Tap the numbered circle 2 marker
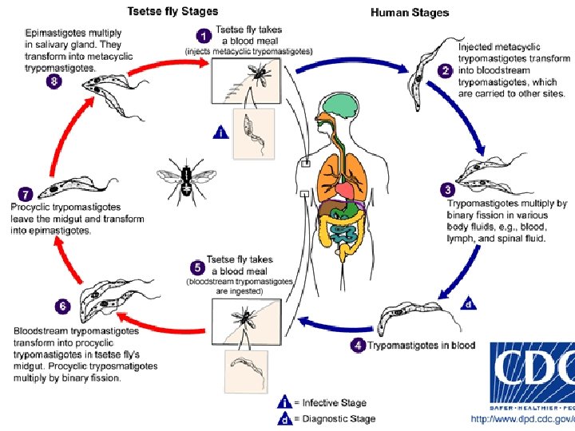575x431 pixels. [446, 71]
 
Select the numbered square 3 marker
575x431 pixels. [448, 190]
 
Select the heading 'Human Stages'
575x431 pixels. [410, 12]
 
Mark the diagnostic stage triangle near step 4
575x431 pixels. [470, 303]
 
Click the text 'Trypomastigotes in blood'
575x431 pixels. [421, 346]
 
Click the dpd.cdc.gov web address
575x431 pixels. [522, 418]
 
